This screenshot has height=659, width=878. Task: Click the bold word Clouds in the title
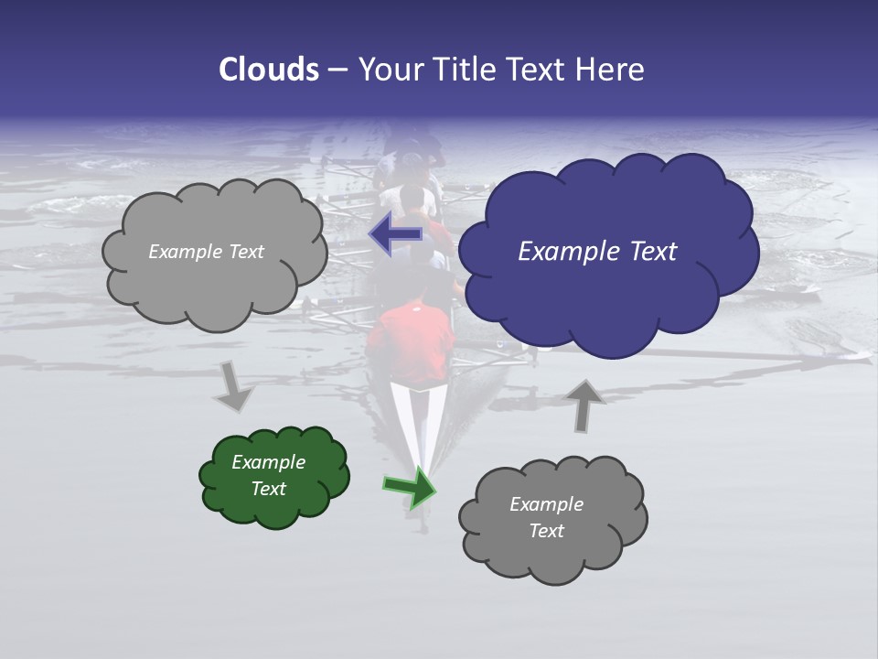tap(268, 70)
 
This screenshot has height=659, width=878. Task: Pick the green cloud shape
tap(274, 477)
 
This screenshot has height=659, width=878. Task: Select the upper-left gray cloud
tap(215, 253)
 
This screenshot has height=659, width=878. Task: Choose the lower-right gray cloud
tap(552, 518)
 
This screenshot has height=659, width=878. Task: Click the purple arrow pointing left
tap(395, 234)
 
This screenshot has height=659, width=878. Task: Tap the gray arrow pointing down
tap(234, 385)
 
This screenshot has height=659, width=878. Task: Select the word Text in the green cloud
tap(269, 489)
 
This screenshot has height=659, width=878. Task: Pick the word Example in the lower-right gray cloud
tap(546, 504)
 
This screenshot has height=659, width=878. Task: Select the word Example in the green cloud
tap(268, 462)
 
